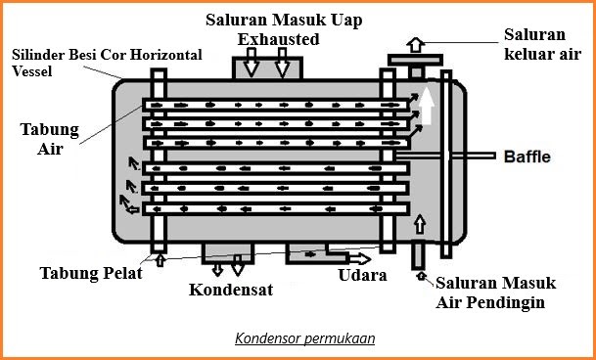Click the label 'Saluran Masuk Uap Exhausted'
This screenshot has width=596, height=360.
pos(277,29)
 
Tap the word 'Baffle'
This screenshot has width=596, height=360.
pos(527,157)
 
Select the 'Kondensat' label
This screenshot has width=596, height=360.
pos(232,291)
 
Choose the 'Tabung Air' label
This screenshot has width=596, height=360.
pos(44,139)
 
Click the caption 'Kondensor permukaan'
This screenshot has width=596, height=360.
pos(304,339)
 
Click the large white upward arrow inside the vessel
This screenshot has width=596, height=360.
pos(427,105)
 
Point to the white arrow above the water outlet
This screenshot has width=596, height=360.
pos(416,44)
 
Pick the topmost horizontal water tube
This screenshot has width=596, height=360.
pos(274,103)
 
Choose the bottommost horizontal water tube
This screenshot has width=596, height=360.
pos(274,208)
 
